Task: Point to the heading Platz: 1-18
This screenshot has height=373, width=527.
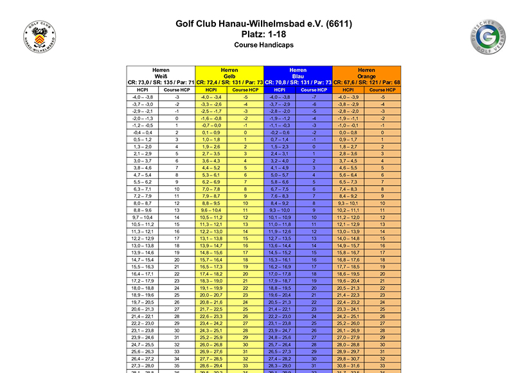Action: (263, 34)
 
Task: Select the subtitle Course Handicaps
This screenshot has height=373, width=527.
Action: (263, 46)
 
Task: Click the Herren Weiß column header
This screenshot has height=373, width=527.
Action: (161, 76)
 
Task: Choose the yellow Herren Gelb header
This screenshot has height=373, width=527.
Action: (229, 76)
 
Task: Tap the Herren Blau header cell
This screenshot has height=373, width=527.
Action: (298, 76)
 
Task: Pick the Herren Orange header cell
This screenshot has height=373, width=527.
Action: (366, 76)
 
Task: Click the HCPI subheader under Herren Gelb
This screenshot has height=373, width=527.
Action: (211, 90)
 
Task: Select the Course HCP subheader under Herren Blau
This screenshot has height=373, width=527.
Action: (314, 90)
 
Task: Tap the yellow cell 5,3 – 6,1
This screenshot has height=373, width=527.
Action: (211, 175)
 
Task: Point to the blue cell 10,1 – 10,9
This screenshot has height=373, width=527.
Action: (280, 217)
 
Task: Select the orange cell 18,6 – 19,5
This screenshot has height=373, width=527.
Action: (349, 274)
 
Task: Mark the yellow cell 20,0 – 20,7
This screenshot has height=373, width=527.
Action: (211, 295)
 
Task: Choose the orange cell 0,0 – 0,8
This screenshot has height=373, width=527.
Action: (349, 132)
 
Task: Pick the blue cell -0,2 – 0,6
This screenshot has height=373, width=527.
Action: (280, 132)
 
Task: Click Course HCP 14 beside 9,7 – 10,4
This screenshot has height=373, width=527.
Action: (176, 217)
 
